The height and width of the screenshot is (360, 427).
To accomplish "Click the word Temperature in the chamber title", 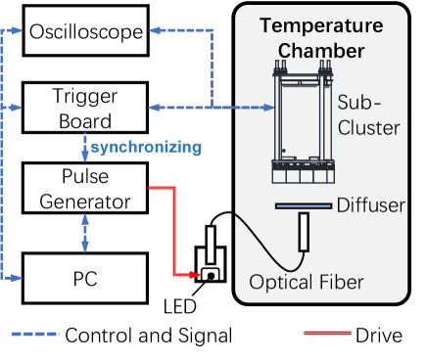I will [321, 25].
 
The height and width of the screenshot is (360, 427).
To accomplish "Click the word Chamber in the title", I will [321, 49].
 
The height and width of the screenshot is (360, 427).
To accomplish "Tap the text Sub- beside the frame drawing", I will [358, 102].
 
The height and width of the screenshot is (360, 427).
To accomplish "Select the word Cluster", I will [367, 127].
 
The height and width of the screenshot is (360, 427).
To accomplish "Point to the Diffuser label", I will [370, 205].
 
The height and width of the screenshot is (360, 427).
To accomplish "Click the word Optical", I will [279, 283].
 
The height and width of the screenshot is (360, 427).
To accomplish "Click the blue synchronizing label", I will [146, 148].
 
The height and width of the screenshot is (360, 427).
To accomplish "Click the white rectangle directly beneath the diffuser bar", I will [304, 231].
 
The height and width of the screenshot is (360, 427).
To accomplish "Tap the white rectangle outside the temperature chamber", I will [211, 245].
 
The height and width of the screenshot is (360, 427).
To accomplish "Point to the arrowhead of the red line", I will [197, 275].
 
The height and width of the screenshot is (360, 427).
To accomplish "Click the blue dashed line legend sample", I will [35, 334].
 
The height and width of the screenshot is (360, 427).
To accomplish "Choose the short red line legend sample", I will [327, 334].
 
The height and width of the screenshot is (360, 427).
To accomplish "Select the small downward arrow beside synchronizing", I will [85, 149].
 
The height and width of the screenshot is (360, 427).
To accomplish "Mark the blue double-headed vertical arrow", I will [85, 233].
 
